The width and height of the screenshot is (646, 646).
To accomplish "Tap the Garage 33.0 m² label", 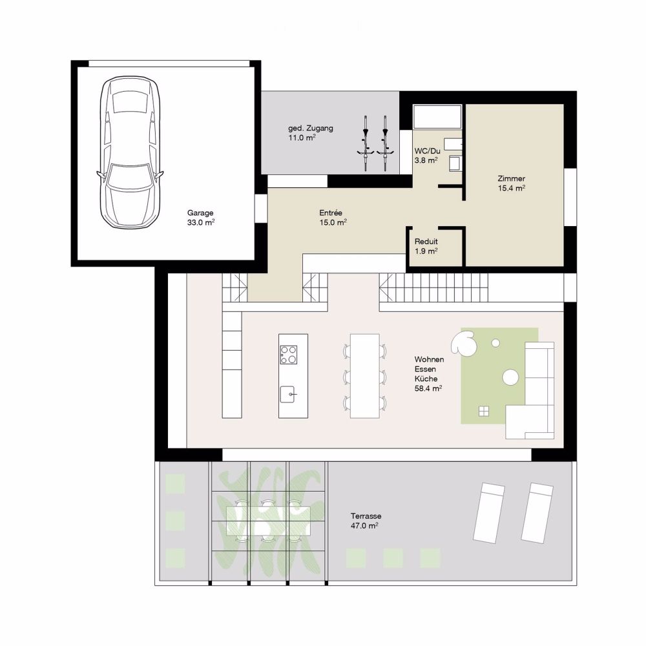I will point(201,217).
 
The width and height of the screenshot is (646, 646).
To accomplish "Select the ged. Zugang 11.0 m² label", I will point(311,132).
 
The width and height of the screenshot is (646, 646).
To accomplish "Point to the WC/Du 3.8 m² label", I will point(426,155).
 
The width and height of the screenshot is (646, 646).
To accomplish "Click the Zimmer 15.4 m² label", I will point(511,183).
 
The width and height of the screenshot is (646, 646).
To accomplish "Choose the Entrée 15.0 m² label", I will point(333,217).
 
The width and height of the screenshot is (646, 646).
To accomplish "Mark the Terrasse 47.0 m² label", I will point(366,521).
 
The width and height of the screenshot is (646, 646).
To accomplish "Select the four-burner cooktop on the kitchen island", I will point(289,355).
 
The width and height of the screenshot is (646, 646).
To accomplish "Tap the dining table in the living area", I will point(365,375).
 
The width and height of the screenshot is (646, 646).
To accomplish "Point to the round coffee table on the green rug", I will point(511,375).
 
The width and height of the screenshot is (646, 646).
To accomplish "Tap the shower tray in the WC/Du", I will point(437,118).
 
